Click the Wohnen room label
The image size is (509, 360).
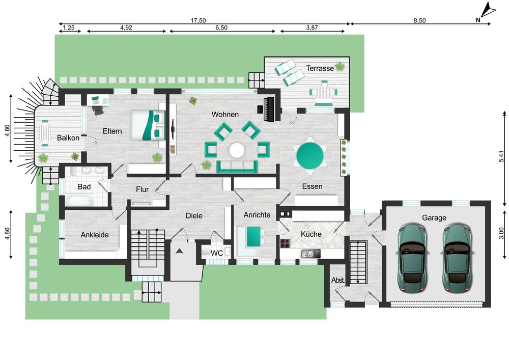pos(225,114)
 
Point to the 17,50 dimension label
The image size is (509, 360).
pos(198,20)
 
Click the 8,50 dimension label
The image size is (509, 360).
pos(419,20)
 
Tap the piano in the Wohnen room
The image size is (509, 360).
pos(269,109)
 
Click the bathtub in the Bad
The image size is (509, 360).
pos(80,200)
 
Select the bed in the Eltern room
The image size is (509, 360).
pos(148,125)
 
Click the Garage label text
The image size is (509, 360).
pos(434,218)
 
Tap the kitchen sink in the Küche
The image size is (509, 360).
pos(310,254)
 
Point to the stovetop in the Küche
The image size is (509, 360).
pos(285,243)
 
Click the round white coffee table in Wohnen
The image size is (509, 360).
pos(237,150)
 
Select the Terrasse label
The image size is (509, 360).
pos(320,68)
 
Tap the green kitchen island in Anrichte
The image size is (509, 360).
pos(253,236)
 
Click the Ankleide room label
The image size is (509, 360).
pos(95,235)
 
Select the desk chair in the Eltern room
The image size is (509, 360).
pos(97,110)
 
